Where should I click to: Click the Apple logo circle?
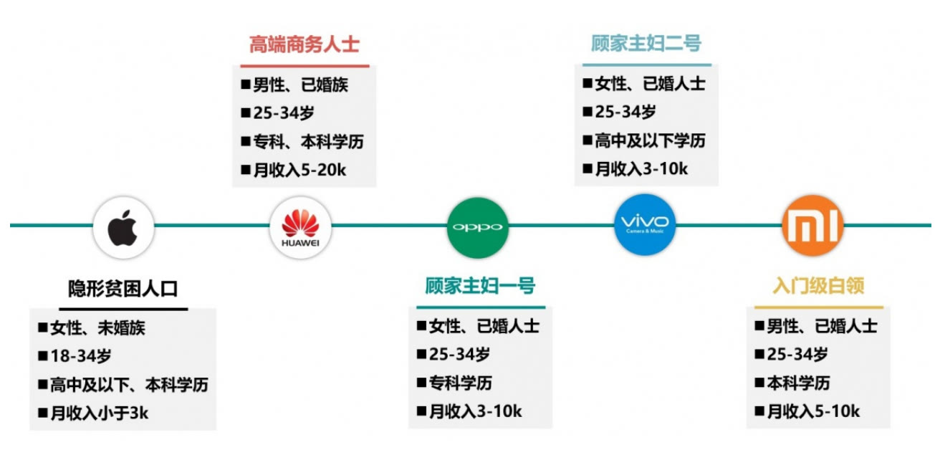123,227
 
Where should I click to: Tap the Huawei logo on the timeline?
300,227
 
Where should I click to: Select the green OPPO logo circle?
478,227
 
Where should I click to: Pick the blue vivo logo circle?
645,225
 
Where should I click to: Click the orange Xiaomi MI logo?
812,226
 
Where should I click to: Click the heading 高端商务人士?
305,44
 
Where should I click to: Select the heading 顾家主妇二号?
646,44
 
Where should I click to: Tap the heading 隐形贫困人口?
123,289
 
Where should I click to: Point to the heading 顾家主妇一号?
481,286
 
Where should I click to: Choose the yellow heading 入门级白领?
818,286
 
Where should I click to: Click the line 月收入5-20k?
294,171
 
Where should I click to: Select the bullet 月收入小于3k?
93,413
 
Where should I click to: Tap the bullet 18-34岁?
75,356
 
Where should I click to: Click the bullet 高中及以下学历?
645,140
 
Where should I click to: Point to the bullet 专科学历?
455,383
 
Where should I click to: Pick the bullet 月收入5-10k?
807,411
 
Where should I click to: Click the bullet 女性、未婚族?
92,327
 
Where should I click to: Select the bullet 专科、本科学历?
302,142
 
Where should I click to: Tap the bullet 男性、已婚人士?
817,326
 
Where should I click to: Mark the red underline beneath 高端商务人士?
305,66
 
